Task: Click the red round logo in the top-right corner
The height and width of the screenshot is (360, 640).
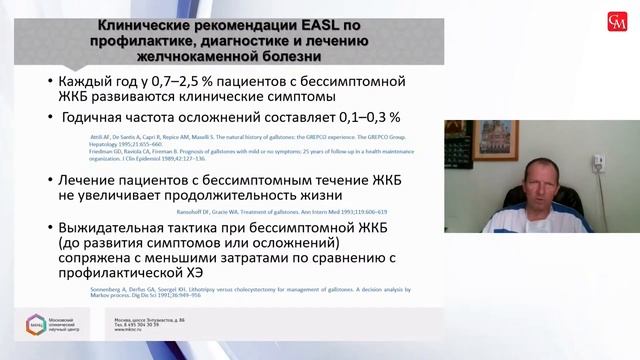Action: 611,21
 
